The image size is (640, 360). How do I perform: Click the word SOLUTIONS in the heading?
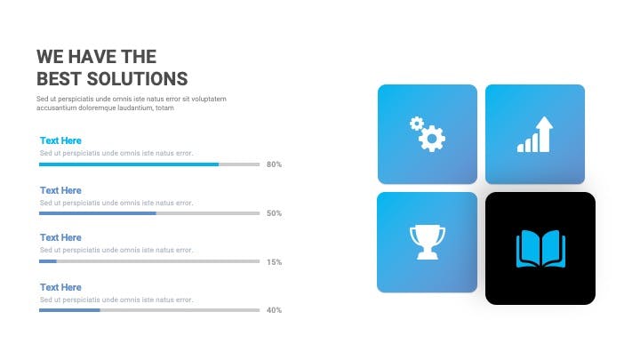(137, 79)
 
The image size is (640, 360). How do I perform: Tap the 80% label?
(274, 164)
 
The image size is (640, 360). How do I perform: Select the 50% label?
(274, 213)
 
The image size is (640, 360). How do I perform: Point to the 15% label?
(274, 262)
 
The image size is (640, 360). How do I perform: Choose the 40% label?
(274, 310)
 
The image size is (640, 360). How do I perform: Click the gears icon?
(428, 134)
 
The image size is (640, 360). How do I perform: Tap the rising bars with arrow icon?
(535, 134)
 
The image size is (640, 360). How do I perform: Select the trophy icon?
(428, 243)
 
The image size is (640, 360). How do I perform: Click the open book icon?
(540, 249)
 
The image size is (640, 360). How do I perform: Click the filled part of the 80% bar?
(129, 164)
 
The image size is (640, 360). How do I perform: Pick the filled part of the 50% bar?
(98, 213)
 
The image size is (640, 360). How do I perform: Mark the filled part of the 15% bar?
(48, 261)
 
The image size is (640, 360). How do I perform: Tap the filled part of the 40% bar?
(69, 310)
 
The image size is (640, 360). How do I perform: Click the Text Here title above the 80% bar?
(60, 140)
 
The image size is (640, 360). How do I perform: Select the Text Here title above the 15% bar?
(60, 237)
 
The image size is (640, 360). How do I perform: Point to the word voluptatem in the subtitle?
(209, 100)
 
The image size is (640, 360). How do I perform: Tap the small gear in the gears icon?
(417, 124)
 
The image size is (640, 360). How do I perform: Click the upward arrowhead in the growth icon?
(545, 124)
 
